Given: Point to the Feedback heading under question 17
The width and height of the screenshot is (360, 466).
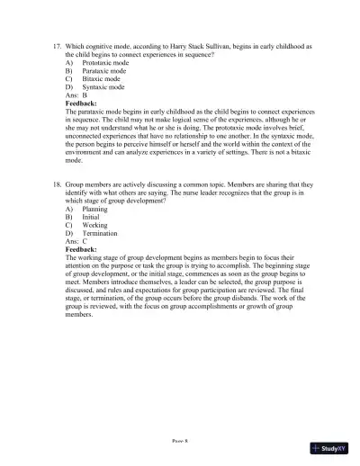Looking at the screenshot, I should point(83,103).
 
